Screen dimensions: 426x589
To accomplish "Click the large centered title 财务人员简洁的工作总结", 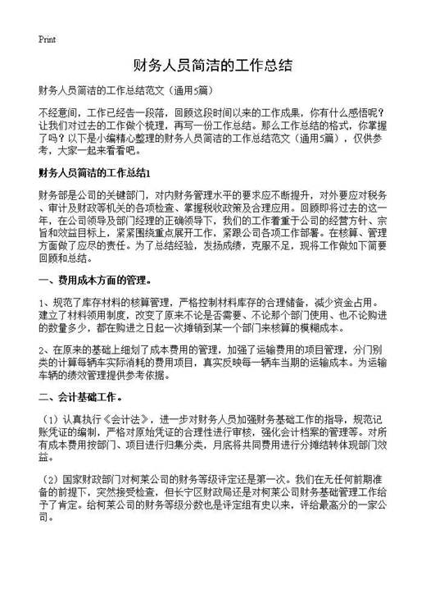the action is tap(212, 64).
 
